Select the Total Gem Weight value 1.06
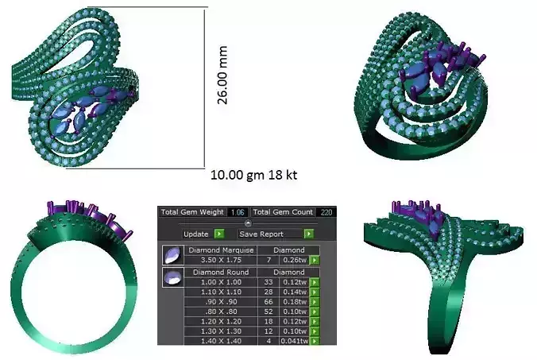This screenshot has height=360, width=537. click(237, 212)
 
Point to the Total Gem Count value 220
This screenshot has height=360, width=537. click(325, 212)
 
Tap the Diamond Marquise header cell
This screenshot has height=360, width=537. click(222, 250)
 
